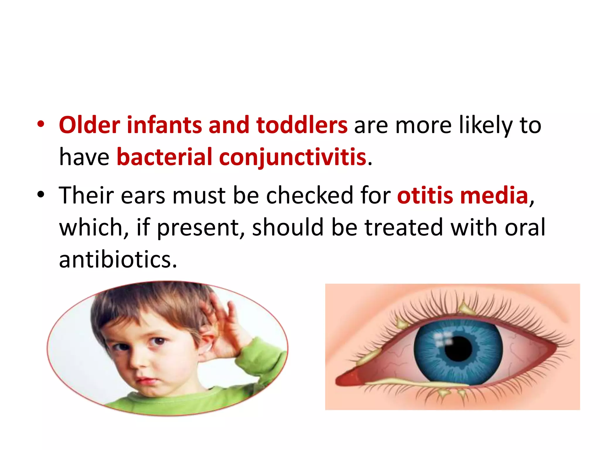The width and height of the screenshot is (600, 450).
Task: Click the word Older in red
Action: point(89,125)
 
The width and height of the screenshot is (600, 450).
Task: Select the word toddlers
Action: point(302,125)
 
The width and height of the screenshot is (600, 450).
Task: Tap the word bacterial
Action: point(164,157)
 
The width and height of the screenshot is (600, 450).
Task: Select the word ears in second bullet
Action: point(143,195)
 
